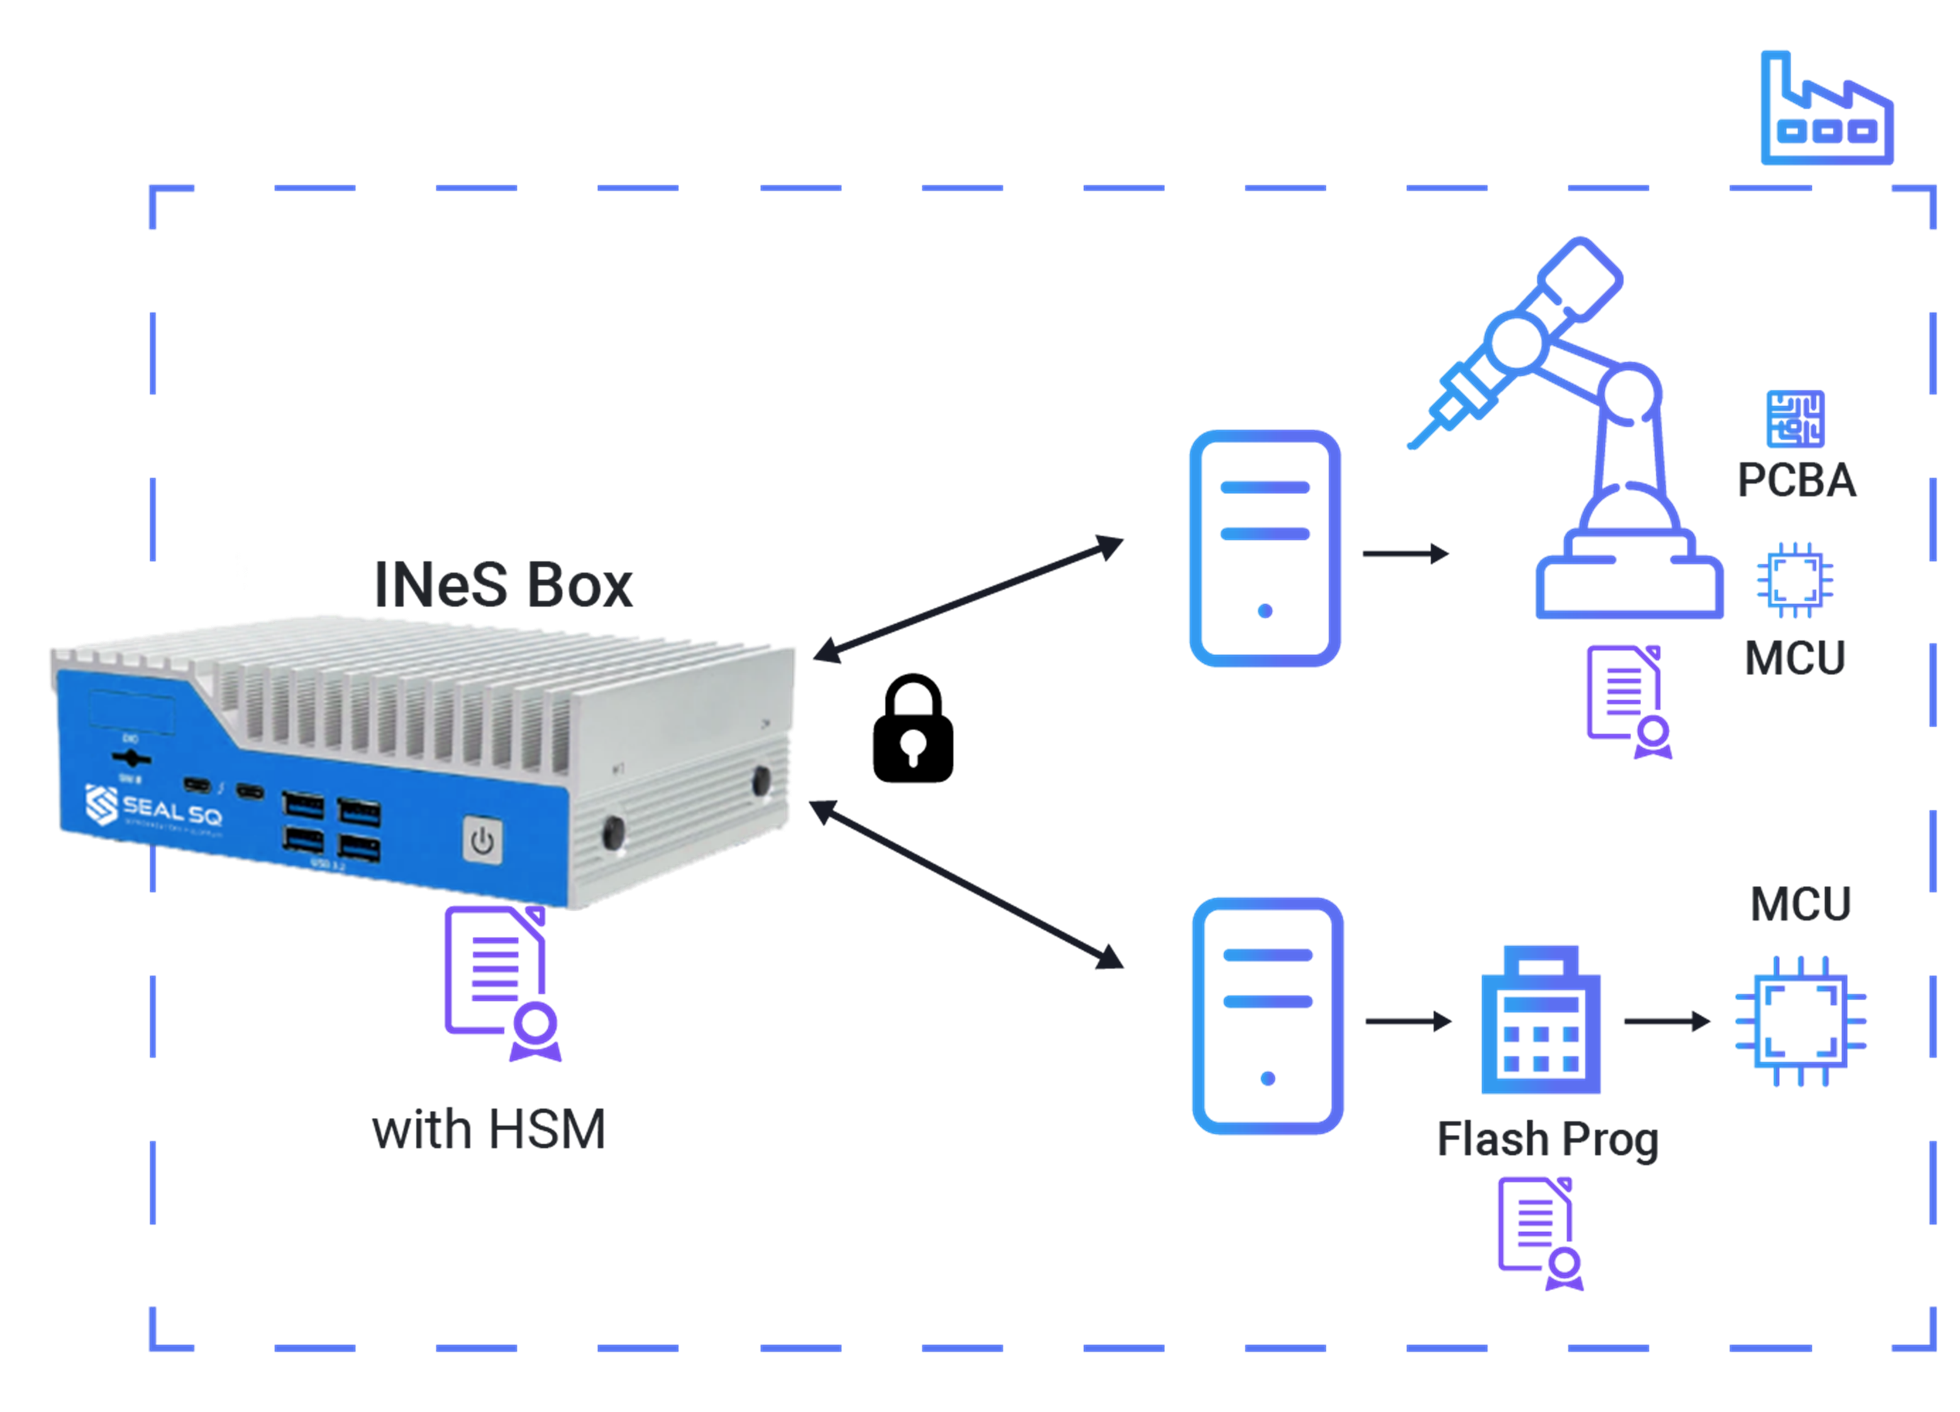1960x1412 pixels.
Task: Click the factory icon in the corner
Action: (x=1826, y=110)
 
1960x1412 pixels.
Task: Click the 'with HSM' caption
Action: (x=489, y=1130)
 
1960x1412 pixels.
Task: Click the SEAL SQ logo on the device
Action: (x=154, y=807)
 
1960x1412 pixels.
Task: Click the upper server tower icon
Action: (x=1265, y=548)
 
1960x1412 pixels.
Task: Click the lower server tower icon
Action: (x=1267, y=1015)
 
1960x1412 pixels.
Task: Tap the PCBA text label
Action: (x=1796, y=480)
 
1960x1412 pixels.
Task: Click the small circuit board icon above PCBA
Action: (x=1795, y=419)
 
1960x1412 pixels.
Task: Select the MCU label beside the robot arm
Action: (x=1795, y=658)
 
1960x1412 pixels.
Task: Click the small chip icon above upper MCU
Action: (x=1795, y=580)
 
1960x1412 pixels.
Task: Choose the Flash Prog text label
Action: (x=1547, y=1139)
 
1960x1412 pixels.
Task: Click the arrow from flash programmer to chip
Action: (x=1666, y=1022)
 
